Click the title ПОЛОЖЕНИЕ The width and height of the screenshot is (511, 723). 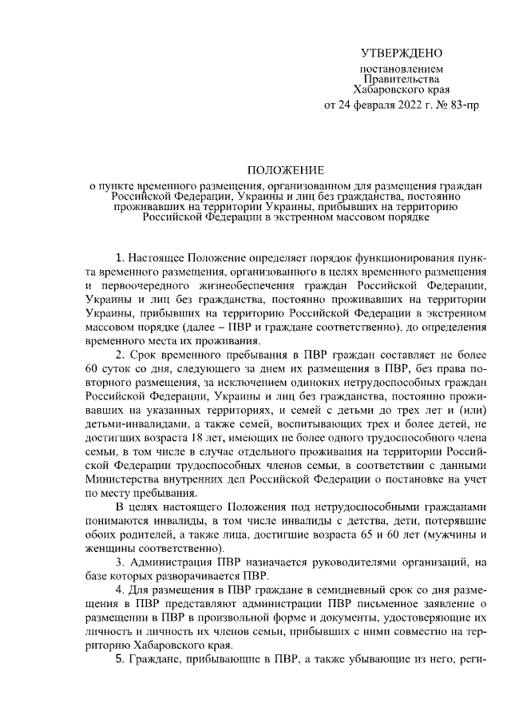pyautogui.click(x=285, y=170)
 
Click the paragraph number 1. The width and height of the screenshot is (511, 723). pyautogui.click(x=120, y=260)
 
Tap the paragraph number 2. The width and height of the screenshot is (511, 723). pyautogui.click(x=120, y=355)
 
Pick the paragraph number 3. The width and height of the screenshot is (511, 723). pyautogui.click(x=120, y=566)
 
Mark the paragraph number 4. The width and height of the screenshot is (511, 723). pyautogui.click(x=120, y=593)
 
